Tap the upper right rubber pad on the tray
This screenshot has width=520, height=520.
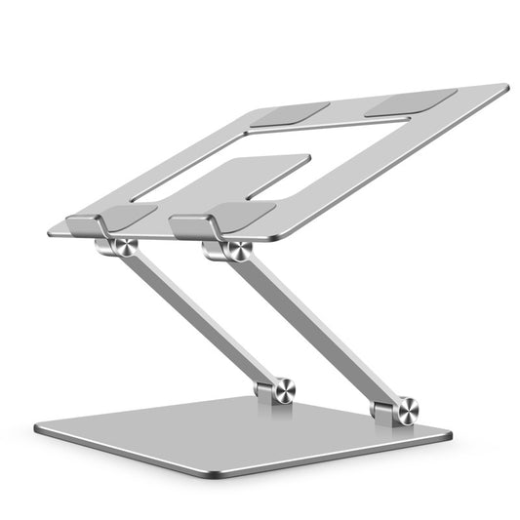pos(411,100)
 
